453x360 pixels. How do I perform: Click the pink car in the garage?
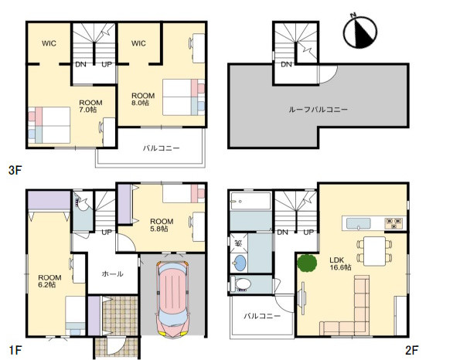pos(172,299)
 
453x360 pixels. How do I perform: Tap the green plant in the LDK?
pos(307,263)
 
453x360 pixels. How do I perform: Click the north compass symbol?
pos(360,31)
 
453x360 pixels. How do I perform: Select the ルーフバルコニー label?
pos(318,110)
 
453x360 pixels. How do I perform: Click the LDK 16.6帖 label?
pos(340,263)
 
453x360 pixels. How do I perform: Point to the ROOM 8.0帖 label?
pos(143,99)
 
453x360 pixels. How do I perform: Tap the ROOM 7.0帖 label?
pos(90,106)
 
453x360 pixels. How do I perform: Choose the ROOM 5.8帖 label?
pos(162,225)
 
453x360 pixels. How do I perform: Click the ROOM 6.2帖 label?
pos(49,281)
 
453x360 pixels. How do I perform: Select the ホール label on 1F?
pos(112,273)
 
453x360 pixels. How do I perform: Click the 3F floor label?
pos(15,170)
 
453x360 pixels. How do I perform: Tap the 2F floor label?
pos(412,350)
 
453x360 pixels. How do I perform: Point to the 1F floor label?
pos(15,350)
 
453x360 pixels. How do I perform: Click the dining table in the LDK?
pos(374,251)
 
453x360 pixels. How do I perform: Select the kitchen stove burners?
pos(393,223)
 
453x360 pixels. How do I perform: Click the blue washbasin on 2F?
pos(240,263)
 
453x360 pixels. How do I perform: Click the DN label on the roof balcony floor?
pos(286,64)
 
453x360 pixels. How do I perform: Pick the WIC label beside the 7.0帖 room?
pos(49,43)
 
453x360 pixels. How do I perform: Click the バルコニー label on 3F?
pos(162,148)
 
